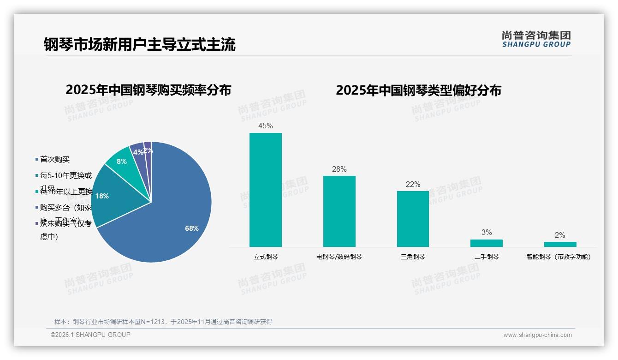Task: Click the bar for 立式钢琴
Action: (266, 190)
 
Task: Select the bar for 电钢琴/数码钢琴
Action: (339, 211)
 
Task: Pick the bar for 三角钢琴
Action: (413, 219)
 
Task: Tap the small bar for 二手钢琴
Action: (487, 243)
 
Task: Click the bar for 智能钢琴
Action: (560, 244)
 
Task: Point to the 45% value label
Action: (266, 126)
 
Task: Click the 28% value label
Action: (339, 169)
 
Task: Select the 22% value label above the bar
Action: (413, 184)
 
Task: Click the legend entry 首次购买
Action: (54, 159)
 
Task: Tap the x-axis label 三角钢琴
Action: (413, 257)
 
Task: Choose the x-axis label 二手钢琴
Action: (487, 257)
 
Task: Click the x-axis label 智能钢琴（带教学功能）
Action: (559, 257)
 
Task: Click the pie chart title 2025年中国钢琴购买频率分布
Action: (148, 90)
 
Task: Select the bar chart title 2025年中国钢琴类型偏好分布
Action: (418, 90)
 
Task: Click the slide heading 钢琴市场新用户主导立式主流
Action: (140, 45)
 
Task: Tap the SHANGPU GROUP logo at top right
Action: (536, 39)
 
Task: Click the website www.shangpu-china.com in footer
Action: (537, 335)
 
